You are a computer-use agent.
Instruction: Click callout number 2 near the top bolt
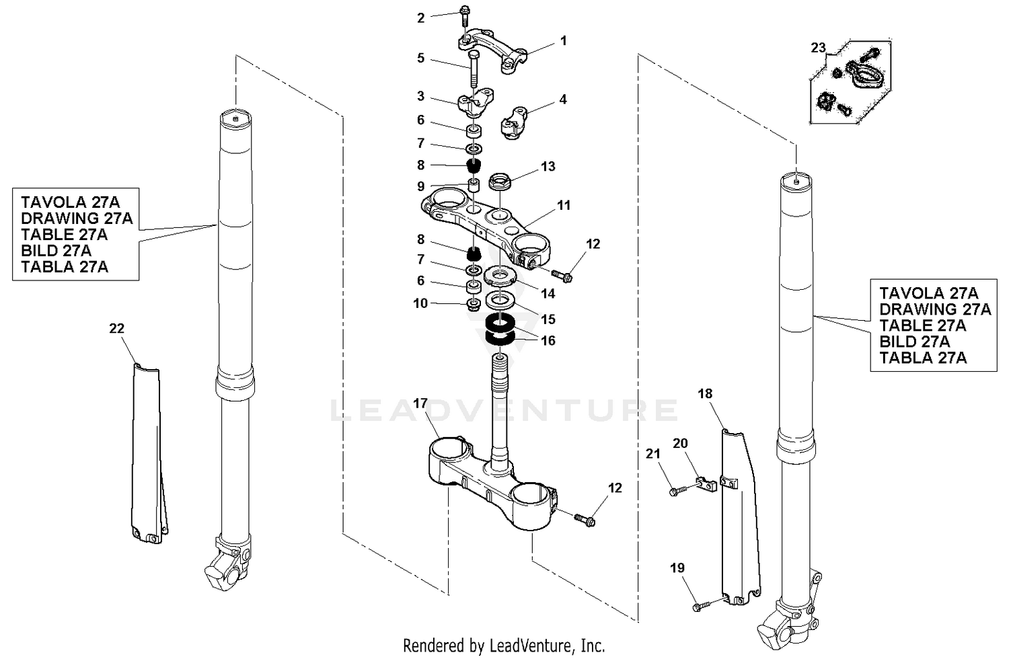pyautogui.click(x=421, y=18)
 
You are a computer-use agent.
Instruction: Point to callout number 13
pyautogui.click(x=548, y=166)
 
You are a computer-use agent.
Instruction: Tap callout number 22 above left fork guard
pyautogui.click(x=116, y=328)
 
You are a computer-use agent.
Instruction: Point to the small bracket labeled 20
pyautogui.click(x=704, y=483)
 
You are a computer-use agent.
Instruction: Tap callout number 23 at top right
pyautogui.click(x=817, y=48)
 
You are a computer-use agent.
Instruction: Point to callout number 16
pyautogui.click(x=548, y=341)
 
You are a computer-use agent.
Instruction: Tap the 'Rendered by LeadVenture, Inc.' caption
pyautogui.click(x=504, y=646)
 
